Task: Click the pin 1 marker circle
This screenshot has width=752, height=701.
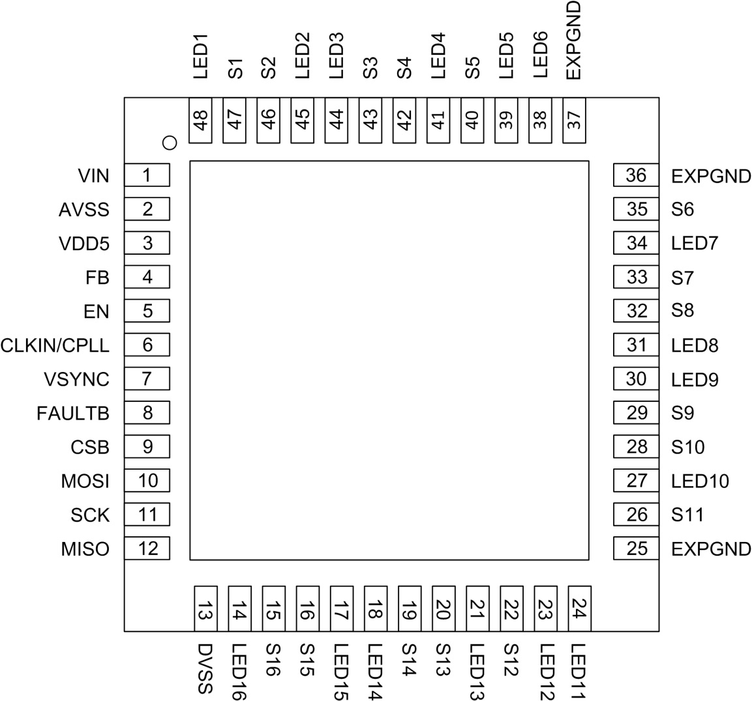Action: (170, 142)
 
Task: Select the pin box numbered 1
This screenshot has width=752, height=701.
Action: (147, 175)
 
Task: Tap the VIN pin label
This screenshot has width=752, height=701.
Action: (93, 176)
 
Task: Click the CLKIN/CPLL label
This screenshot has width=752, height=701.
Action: (55, 345)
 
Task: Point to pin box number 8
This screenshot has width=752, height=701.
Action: (147, 412)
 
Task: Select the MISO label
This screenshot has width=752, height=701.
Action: (85, 549)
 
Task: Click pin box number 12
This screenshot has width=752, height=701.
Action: (147, 549)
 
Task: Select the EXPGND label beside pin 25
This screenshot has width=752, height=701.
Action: (711, 549)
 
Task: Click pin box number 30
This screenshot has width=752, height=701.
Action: (636, 379)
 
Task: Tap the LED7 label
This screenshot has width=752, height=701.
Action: (695, 244)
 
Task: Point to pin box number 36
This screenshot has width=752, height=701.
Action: (636, 175)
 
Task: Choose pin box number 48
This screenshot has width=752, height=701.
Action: (201, 121)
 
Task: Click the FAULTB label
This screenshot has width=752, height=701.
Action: (73, 413)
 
